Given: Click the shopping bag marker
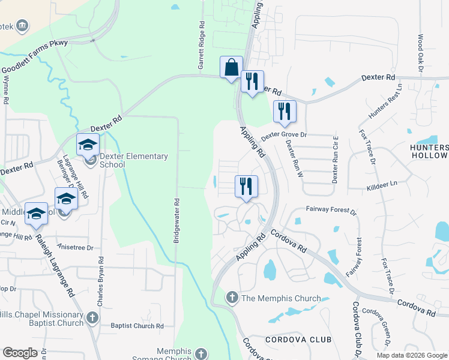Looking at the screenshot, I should coord(231,67).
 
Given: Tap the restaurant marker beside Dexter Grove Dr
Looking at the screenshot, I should coord(284,111).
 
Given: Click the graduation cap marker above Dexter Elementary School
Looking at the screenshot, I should coord(88,144).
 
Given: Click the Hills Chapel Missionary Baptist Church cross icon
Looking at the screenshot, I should coord(92,317).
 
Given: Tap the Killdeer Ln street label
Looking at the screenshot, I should coord(382,188).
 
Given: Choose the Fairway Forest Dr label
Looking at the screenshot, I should coord(331,211).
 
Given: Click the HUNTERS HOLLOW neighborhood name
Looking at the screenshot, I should coord(429,151).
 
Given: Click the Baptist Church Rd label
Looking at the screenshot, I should coord(137,326).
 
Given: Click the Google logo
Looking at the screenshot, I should coord(20,353).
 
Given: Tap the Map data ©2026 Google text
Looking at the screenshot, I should coord(411,355).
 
